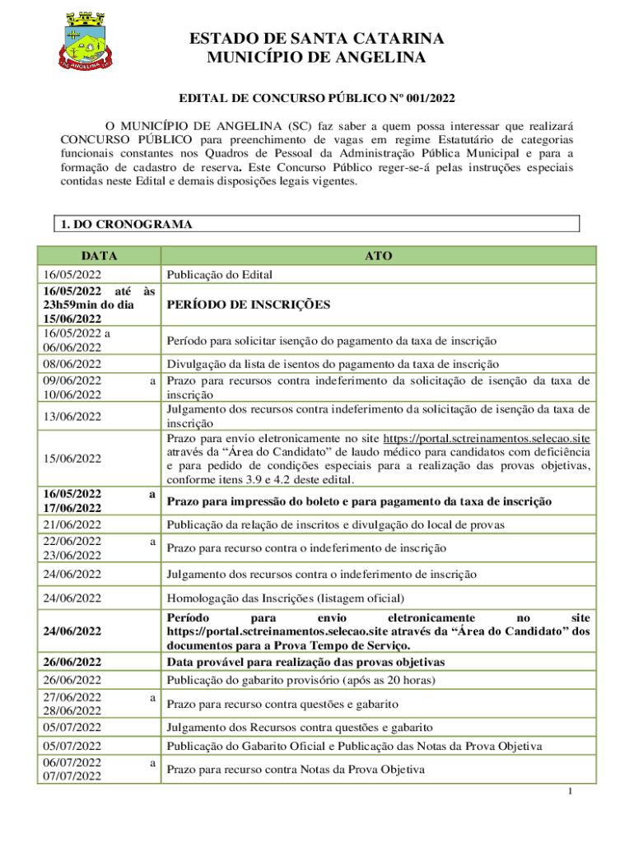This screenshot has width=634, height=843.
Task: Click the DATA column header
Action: tap(99, 256)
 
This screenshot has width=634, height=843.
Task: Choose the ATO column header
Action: tap(378, 256)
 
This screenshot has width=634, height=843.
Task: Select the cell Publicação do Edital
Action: tap(219, 275)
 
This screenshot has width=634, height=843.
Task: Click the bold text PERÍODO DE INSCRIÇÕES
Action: tap(248, 305)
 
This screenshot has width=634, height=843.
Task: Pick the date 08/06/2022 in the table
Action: tap(72, 364)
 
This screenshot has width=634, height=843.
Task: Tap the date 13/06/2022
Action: tap(72, 417)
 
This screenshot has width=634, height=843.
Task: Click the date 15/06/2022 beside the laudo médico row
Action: tap(72, 458)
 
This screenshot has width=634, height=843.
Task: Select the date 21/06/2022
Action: tap(72, 524)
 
